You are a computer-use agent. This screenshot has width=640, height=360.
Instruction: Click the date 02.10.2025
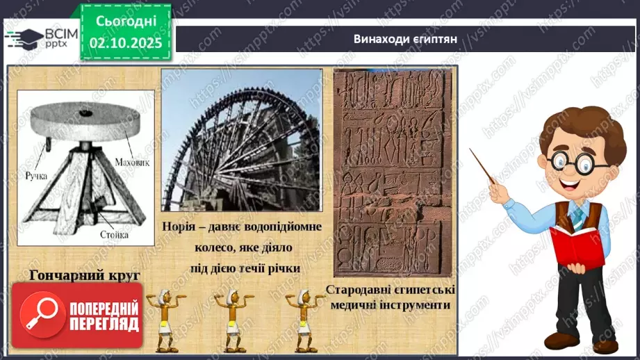click(126, 42)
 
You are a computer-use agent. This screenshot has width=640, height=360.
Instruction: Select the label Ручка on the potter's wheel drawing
click(33, 175)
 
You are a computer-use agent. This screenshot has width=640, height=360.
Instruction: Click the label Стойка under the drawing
click(114, 235)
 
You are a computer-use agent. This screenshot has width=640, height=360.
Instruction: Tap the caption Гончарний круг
click(85, 275)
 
